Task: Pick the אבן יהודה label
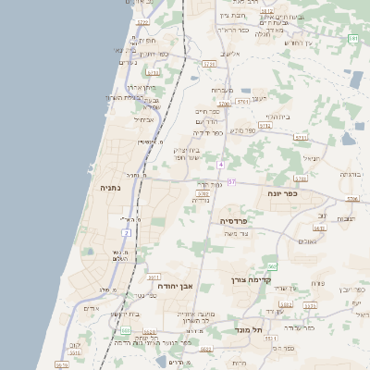[x=174, y=286]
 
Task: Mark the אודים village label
[x=92, y=307]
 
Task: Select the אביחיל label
[x=143, y=119]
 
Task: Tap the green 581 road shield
[x=353, y=39]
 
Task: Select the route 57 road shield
[x=231, y=182]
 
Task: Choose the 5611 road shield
[x=154, y=276]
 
